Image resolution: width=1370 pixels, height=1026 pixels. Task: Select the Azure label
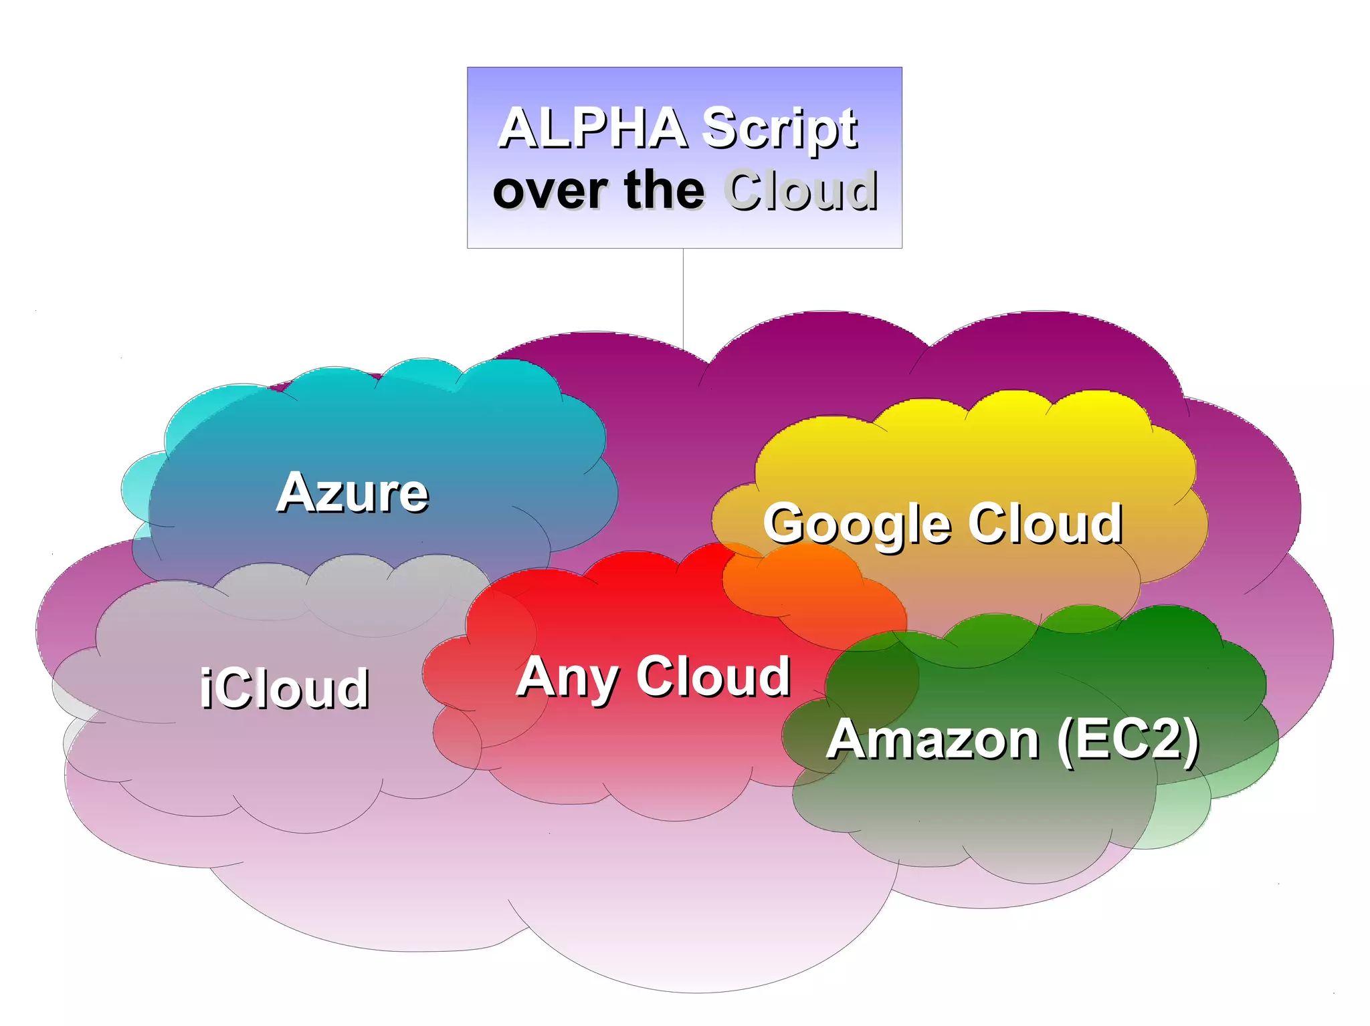353,493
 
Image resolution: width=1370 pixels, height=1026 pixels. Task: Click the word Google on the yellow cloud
857,525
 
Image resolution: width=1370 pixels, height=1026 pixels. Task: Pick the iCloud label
284,688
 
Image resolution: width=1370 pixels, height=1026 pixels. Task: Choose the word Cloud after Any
714,676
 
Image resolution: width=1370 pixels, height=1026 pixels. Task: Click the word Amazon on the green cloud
933,739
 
